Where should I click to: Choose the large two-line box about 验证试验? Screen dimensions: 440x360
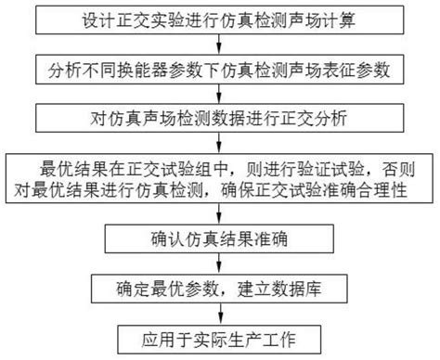click(221, 180)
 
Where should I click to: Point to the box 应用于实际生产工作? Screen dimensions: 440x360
click(221, 334)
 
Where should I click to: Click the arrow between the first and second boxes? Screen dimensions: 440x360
click(221, 45)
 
